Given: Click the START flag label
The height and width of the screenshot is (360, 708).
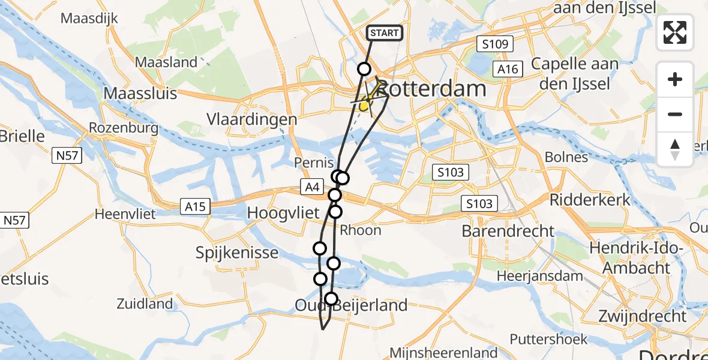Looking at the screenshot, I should [384, 33].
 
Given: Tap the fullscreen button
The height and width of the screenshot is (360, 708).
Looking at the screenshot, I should [675, 32].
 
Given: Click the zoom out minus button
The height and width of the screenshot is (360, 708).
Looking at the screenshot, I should [675, 114].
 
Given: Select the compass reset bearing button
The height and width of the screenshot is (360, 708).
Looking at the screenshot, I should [675, 149].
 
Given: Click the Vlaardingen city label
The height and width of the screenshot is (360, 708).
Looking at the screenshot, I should [259, 119].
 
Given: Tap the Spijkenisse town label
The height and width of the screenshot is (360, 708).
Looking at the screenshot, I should [237, 253].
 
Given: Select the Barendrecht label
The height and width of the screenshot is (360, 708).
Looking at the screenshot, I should [508, 230].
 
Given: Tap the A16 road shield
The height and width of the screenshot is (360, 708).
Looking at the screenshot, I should [508, 70].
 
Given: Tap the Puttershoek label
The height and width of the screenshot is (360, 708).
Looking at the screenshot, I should [548, 339].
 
